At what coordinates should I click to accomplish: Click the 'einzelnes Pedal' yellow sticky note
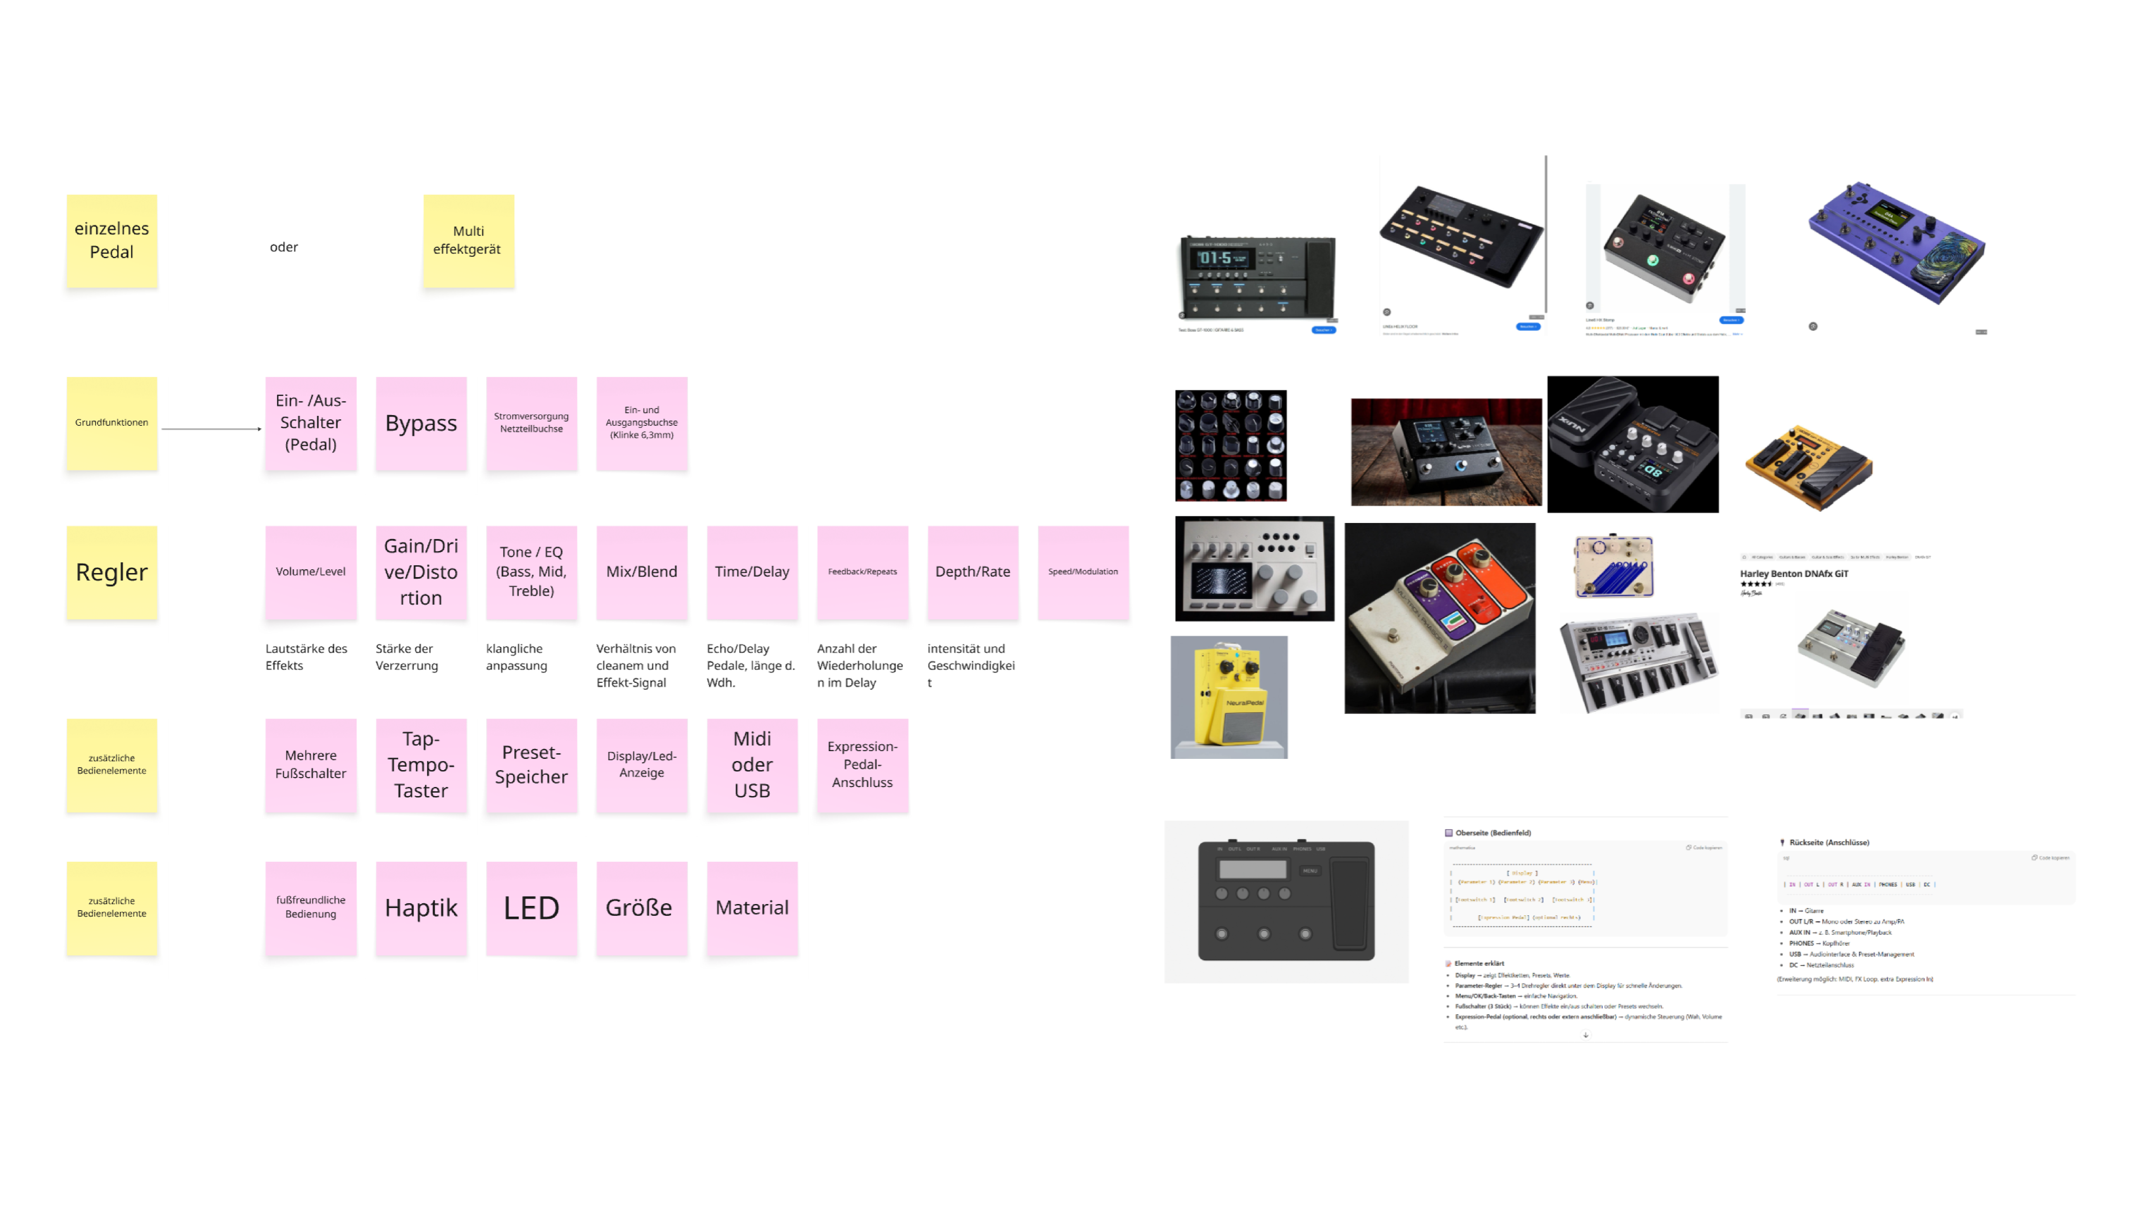click(111, 240)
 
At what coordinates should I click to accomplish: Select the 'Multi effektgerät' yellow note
click(468, 240)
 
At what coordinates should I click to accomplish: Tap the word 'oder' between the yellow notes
click(284, 247)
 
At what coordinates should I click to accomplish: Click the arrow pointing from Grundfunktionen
click(211, 429)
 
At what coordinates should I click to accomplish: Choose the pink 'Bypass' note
click(421, 423)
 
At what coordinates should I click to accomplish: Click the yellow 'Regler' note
click(111, 572)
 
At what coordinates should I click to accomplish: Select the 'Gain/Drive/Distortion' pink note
click(421, 572)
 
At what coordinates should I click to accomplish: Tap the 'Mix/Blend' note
click(641, 572)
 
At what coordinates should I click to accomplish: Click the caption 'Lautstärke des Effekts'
click(306, 657)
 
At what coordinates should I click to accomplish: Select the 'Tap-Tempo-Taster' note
click(421, 765)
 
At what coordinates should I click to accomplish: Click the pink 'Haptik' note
click(421, 908)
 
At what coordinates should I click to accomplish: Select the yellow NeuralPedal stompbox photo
click(1229, 697)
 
